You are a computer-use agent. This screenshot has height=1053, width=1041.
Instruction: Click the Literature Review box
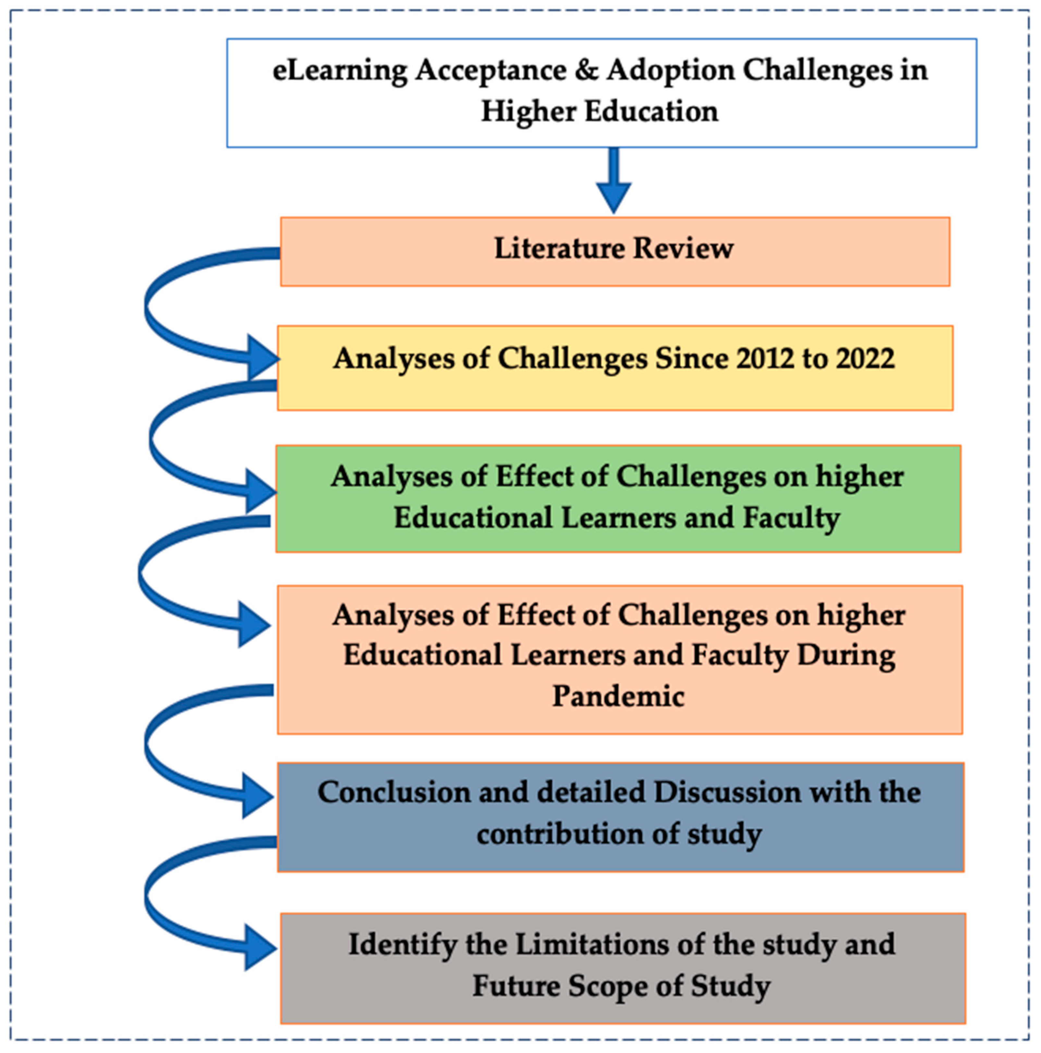click(615, 251)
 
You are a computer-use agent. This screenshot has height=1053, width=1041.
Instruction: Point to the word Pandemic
click(618, 696)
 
